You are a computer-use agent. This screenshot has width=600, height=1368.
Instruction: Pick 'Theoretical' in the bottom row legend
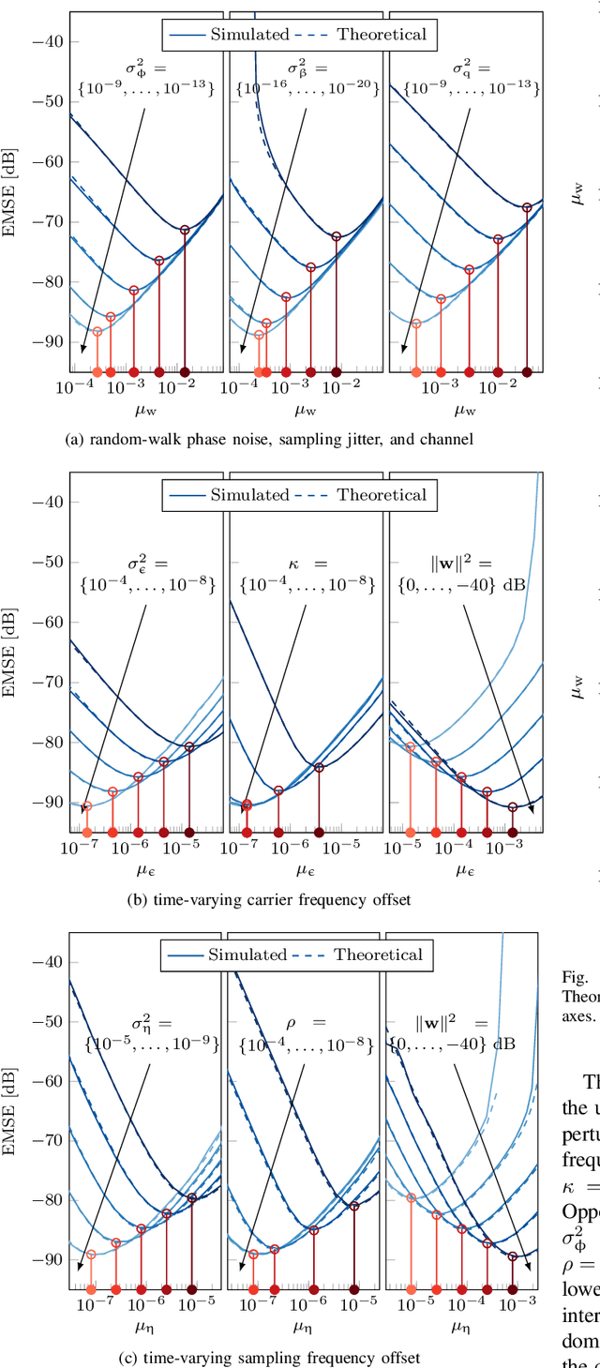point(379,955)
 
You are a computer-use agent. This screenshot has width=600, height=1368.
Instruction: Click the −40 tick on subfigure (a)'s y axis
point(48,41)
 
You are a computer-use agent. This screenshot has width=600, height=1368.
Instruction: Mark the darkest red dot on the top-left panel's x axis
point(185,372)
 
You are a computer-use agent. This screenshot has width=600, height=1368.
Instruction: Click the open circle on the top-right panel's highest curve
point(527,208)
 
